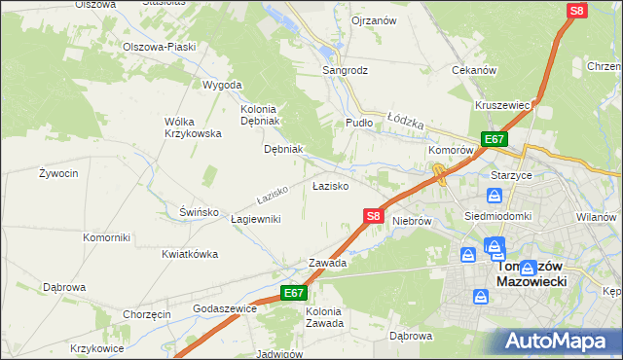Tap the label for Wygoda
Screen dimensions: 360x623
(x=221, y=85)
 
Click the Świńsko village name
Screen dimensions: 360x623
(x=198, y=211)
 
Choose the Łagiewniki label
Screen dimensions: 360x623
(x=256, y=219)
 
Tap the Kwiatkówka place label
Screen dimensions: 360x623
(x=189, y=254)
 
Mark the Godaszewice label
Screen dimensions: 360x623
(x=225, y=308)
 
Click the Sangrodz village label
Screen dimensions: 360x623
(x=346, y=70)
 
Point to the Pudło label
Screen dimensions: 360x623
(x=360, y=124)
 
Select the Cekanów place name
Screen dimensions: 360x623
(x=475, y=70)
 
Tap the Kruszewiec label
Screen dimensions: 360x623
(x=501, y=105)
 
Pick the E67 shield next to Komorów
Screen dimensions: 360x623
(x=494, y=140)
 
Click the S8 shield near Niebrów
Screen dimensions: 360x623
(x=374, y=216)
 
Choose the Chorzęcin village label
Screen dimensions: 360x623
(x=147, y=314)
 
